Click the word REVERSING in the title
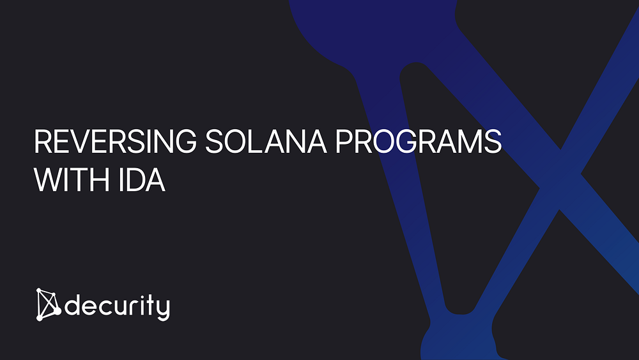(x=115, y=141)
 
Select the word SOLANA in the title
(x=266, y=141)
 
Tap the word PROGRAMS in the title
(x=419, y=141)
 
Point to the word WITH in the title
(x=72, y=180)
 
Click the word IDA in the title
(x=142, y=180)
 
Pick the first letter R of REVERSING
(x=43, y=141)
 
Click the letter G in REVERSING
(x=185, y=141)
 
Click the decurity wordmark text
(x=118, y=306)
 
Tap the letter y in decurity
(x=164, y=310)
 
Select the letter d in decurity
(x=73, y=305)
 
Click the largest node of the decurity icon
(x=58, y=311)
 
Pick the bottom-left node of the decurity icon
(x=40, y=318)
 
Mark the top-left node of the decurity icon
(x=39, y=291)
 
